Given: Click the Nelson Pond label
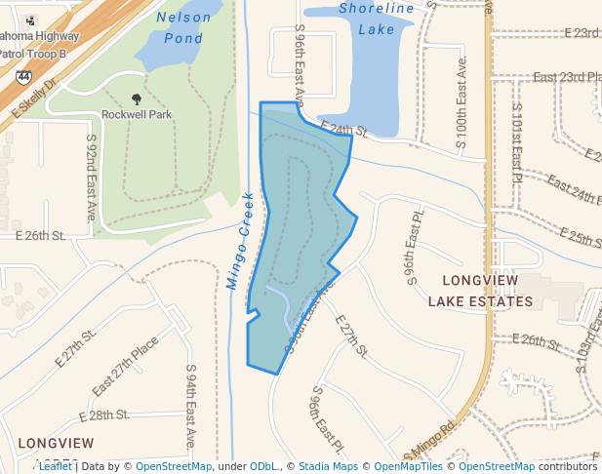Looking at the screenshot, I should coord(183,28).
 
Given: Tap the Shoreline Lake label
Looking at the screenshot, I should coord(376,19).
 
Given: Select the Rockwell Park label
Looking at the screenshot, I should coord(137,114).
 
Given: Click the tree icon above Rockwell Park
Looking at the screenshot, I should coord(136,99).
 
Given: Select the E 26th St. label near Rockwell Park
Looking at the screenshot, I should coord(40,236).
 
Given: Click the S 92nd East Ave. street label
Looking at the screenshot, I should coord(91,178).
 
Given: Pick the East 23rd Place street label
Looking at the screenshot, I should coord(572,77).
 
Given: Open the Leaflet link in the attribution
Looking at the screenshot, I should coord(56,466).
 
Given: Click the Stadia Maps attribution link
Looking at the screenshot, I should coord(328,466).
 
